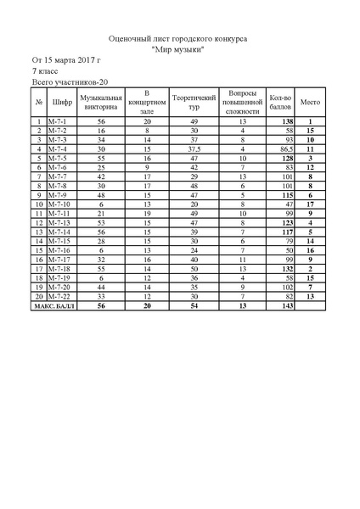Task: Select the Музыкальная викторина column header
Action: (101, 103)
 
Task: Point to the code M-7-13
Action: (59, 222)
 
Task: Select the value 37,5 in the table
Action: (193, 148)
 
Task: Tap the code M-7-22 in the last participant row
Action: (59, 296)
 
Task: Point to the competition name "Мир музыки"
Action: (179, 49)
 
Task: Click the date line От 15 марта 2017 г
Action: (66, 61)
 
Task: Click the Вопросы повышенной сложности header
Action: (242, 103)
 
